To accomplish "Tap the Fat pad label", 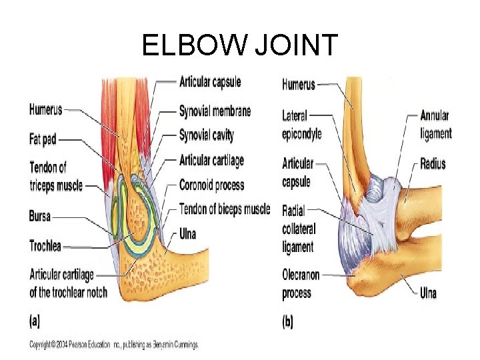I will tap(43, 140).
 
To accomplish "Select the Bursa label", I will tap(40, 216).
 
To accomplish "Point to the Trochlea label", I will tap(45, 245).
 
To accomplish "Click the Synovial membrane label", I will tap(215, 111).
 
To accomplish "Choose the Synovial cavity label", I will tap(206, 135).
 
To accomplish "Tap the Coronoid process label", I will tap(211, 185).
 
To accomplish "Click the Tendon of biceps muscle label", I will tap(225, 209).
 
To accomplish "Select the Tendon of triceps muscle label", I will tap(56, 177).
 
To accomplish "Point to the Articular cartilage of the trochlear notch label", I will tap(68, 283).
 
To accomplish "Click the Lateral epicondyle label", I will tap(301, 125).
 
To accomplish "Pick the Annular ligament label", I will tap(435, 125).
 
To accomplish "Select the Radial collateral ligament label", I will tap(298, 229).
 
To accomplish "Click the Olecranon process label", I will tap(301, 284).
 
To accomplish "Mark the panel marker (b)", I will tap(287, 322).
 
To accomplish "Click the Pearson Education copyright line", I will tap(113, 345).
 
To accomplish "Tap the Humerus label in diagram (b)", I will tap(298, 85).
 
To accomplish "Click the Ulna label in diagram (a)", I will tap(188, 233).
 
